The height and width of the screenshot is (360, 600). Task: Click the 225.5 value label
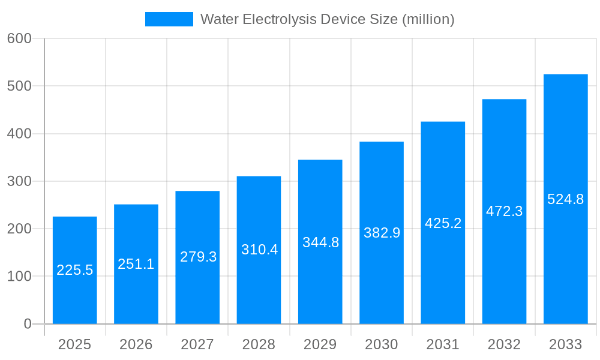coord(75,270)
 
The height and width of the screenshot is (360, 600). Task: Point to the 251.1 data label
coord(136,264)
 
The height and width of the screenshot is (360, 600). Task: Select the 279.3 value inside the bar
coord(198,257)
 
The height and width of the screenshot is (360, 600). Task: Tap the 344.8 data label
coord(320,242)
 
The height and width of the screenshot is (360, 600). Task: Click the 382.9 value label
coord(382,233)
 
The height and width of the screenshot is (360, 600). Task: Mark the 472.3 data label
coord(504,211)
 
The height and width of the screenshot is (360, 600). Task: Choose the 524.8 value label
coord(565,199)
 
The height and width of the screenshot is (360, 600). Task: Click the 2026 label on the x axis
coord(136,344)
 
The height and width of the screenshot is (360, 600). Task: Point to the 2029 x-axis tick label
coord(320,344)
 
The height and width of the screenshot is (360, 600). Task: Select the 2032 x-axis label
coord(504,344)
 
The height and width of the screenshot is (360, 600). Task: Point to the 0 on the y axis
coord(28,324)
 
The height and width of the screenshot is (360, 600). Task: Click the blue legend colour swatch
coord(169,19)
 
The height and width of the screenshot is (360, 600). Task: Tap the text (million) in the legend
coord(428,19)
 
